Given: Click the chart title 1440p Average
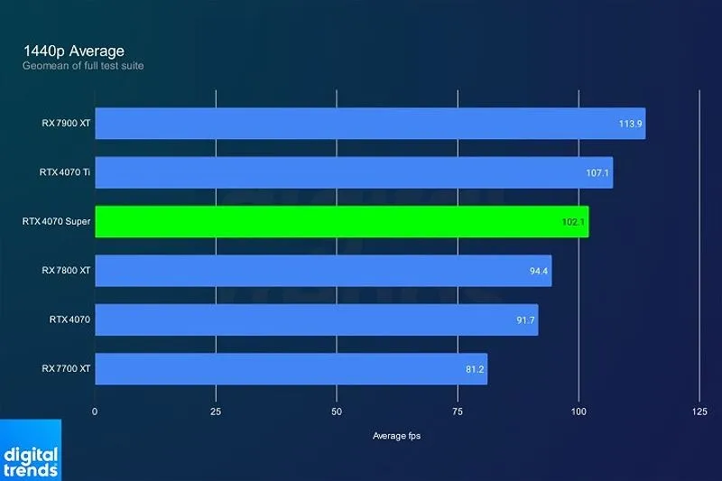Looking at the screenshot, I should pos(74,51).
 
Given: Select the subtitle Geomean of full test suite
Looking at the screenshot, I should pos(83,66).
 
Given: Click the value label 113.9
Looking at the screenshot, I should pos(630,124).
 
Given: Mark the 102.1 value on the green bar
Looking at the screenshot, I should pos(574,222).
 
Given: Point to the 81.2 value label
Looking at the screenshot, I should pos(475,369).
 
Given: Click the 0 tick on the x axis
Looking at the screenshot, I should pos(95,411).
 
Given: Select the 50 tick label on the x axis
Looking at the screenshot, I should pos(337,411).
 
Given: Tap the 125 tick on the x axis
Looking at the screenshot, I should pos(699,411).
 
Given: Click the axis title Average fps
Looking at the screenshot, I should pos(396,436).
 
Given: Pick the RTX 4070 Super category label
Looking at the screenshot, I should pos(56,222).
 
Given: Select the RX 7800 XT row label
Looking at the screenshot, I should pos(66,271).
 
